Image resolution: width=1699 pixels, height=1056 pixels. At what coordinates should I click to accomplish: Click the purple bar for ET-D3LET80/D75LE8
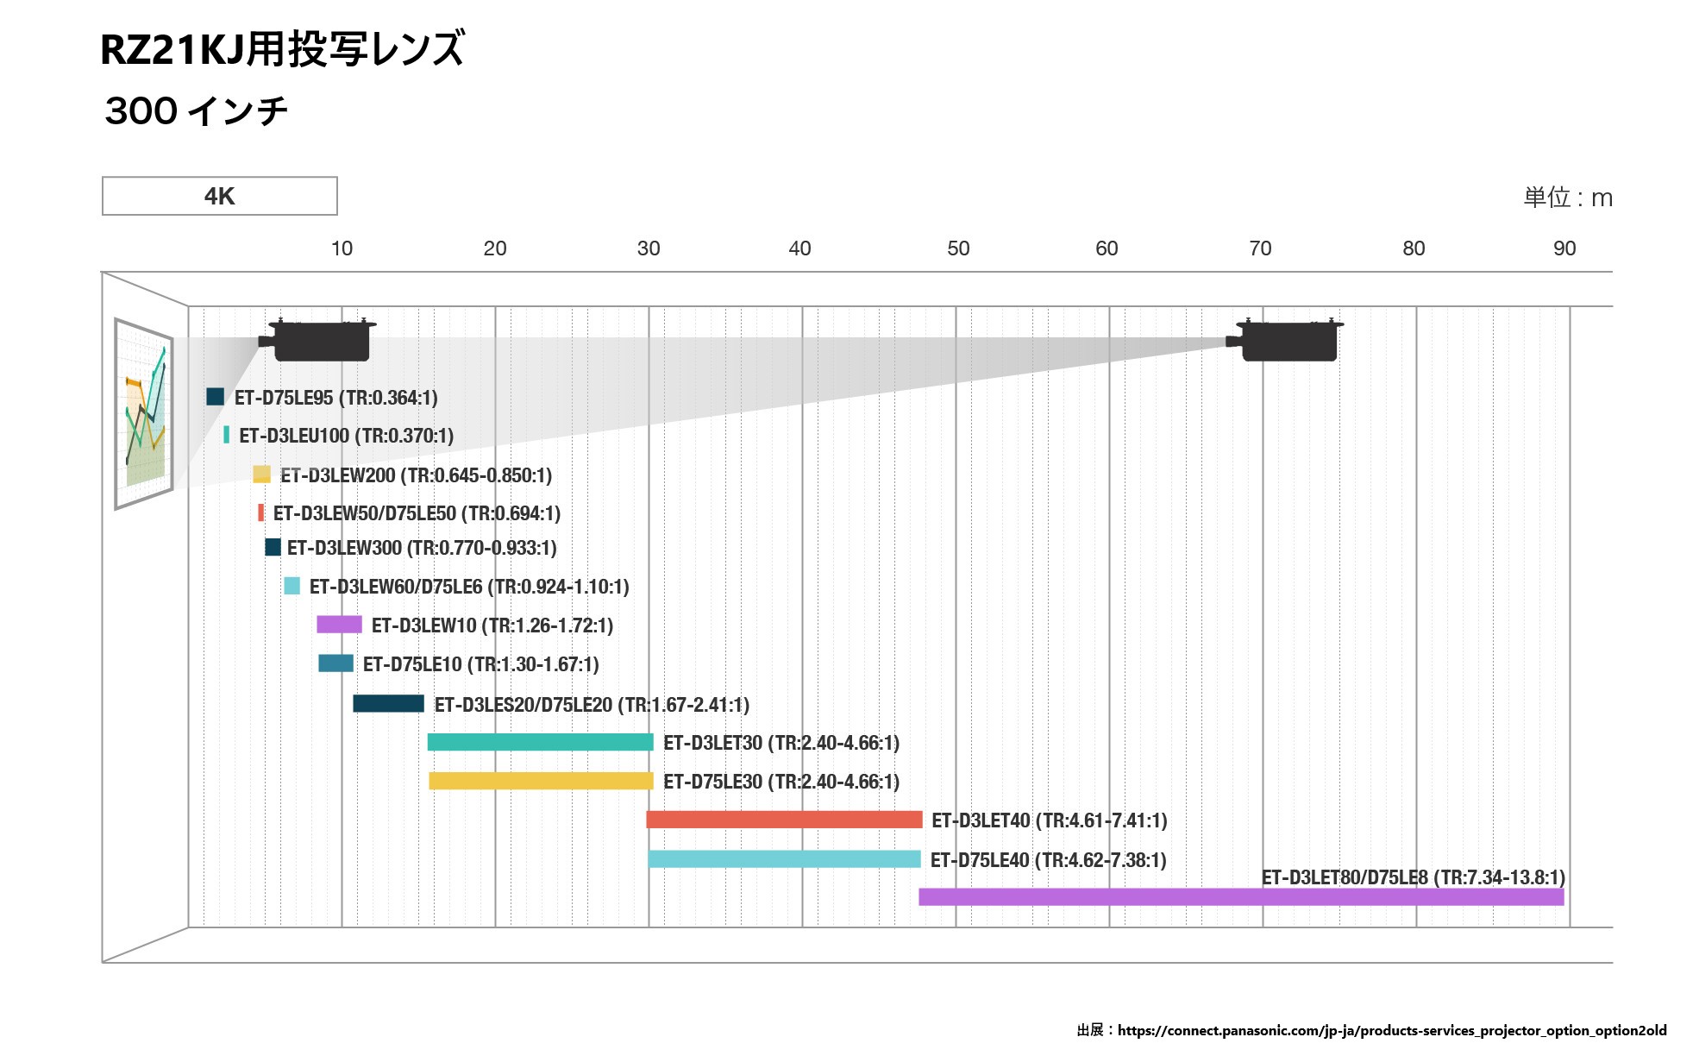(x=1241, y=896)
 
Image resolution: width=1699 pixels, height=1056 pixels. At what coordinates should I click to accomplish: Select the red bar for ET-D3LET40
(x=784, y=820)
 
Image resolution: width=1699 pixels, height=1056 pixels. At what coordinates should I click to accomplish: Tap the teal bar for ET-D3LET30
(x=540, y=742)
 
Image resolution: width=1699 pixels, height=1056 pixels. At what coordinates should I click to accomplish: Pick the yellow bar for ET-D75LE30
(x=541, y=781)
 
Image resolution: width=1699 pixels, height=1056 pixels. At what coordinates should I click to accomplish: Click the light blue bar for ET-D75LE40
(x=784, y=858)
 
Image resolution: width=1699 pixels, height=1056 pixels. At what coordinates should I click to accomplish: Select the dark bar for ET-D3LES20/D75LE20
(x=388, y=703)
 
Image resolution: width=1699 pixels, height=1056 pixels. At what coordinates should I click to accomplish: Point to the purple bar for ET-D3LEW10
(x=339, y=625)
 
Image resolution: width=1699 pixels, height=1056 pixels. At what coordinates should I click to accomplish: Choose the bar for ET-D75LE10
(x=335, y=663)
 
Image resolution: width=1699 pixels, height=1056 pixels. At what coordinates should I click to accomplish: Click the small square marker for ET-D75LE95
(x=215, y=397)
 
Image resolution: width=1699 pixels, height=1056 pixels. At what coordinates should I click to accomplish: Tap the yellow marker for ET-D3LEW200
(x=261, y=475)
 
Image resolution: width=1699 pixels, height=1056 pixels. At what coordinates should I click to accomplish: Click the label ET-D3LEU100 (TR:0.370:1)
(x=346, y=436)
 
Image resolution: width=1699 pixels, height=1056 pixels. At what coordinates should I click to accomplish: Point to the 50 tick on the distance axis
(x=957, y=248)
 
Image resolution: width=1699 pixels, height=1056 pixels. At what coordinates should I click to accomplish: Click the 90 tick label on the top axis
(x=1564, y=248)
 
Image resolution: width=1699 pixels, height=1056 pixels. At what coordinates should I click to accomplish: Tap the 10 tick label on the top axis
(x=342, y=248)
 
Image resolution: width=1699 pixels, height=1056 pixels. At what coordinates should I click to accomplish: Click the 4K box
(x=219, y=196)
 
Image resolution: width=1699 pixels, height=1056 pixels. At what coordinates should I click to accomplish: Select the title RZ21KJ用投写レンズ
(x=282, y=49)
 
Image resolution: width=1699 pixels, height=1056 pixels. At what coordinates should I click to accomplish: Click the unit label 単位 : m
(x=1567, y=198)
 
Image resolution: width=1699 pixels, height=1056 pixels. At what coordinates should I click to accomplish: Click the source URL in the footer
(x=1391, y=1030)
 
